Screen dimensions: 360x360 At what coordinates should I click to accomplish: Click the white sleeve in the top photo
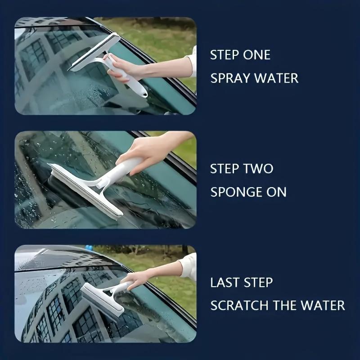[x=192, y=61]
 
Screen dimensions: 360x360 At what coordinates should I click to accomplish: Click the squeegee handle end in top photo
[x=143, y=93]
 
